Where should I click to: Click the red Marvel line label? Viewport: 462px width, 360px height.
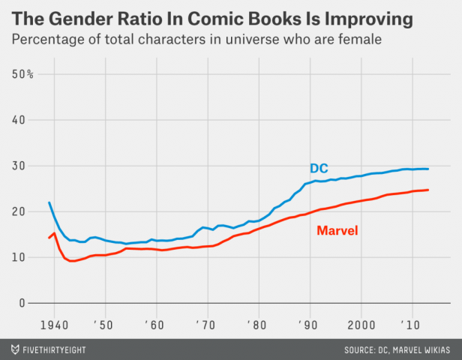(x=337, y=230)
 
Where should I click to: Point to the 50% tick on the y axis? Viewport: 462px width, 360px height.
(x=23, y=73)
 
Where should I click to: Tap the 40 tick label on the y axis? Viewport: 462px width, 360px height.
(x=20, y=120)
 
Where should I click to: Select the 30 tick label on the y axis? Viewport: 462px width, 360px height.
(x=20, y=166)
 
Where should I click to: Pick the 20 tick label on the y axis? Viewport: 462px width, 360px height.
(x=20, y=211)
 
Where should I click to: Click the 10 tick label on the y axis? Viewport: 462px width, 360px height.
(x=20, y=257)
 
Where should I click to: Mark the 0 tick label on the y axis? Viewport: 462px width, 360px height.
(x=23, y=303)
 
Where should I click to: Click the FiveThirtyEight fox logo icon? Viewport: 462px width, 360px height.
(x=15, y=350)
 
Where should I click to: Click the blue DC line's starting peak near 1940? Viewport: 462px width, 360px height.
(x=49, y=202)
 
